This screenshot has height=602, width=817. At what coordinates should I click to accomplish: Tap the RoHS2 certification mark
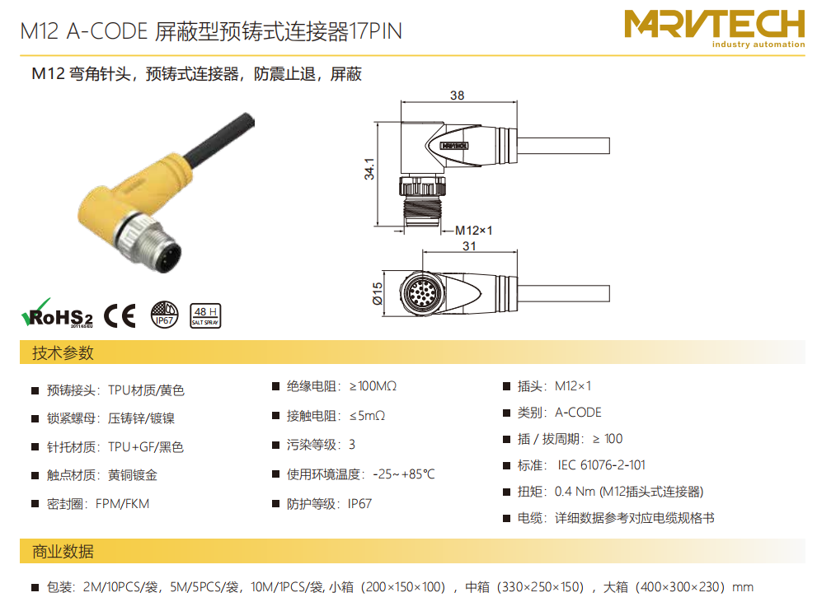click(58, 313)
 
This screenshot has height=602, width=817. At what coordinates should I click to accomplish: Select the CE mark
click(120, 316)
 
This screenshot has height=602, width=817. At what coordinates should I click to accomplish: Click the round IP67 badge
click(165, 315)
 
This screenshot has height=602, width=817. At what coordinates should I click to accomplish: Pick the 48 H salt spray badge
click(205, 316)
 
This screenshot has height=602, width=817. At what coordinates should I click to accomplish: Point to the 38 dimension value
click(457, 96)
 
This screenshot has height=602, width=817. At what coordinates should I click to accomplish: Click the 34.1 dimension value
click(369, 169)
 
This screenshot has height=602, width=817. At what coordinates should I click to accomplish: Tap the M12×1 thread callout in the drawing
click(474, 231)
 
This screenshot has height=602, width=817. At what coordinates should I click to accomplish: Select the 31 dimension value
click(469, 246)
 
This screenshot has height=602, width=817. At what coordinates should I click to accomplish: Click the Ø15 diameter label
click(378, 293)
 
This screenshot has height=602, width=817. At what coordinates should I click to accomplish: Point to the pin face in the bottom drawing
click(421, 293)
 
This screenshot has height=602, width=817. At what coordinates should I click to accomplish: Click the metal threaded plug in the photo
click(151, 245)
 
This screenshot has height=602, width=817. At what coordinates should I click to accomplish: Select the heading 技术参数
click(63, 352)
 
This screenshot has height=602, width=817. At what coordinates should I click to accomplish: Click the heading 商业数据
click(63, 552)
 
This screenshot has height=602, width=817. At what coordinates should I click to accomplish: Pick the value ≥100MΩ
click(373, 386)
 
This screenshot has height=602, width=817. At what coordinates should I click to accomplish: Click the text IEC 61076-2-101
click(601, 465)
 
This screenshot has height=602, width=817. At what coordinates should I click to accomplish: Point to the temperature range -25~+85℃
click(404, 474)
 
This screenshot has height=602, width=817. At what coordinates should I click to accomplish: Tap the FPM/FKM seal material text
click(123, 504)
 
